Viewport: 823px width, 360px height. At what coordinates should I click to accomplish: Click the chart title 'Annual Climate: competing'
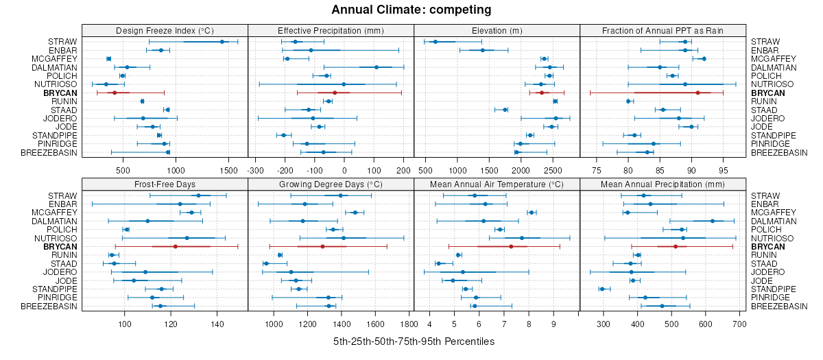[411, 10]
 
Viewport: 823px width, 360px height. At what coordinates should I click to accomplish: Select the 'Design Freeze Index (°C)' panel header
[165, 30]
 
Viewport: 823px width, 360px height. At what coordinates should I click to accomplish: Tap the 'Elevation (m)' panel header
[497, 30]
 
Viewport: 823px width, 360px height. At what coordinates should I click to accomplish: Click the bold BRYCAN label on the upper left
[60, 93]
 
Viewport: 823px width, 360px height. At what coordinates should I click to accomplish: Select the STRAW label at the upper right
[764, 42]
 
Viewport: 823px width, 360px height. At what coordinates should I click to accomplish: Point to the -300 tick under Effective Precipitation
[256, 169]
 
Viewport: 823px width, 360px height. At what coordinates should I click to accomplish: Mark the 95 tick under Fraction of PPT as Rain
[723, 169]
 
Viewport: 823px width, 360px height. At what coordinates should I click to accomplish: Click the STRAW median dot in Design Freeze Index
[222, 42]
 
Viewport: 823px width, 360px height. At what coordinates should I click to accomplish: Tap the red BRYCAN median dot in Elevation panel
[541, 93]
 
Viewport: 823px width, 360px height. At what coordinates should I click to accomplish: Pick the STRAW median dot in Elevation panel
[435, 42]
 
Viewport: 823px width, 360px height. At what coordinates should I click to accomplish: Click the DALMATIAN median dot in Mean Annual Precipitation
[713, 221]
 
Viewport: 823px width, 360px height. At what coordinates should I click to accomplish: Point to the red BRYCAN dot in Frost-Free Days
[175, 246]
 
